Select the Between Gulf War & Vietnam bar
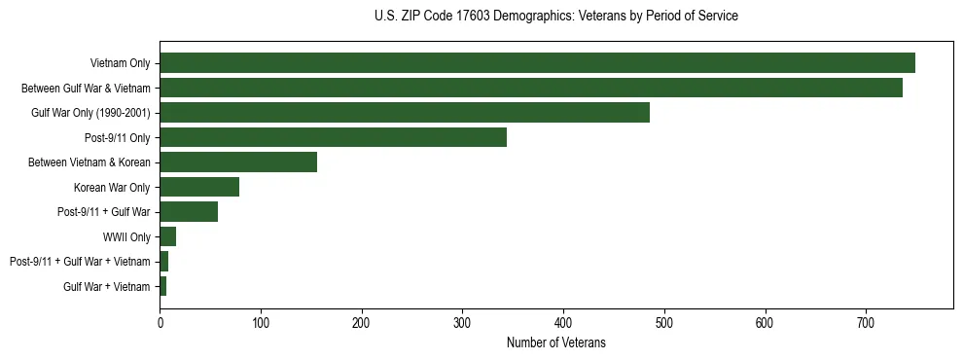pyautogui.click(x=531, y=88)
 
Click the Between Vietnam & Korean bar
pyautogui.click(x=238, y=162)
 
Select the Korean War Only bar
pyautogui.click(x=199, y=187)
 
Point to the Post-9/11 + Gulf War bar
pyautogui.click(x=189, y=212)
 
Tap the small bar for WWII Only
pyautogui.click(x=167, y=236)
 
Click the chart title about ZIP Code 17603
pyautogui.click(x=555, y=17)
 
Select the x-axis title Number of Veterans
pyautogui.click(x=555, y=342)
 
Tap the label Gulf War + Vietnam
pyautogui.click(x=107, y=286)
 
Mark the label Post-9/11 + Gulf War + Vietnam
pyautogui.click(x=80, y=262)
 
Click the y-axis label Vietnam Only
pyautogui.click(x=120, y=63)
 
